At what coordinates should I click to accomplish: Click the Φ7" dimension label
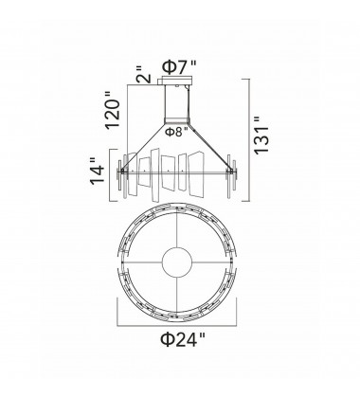(179, 67)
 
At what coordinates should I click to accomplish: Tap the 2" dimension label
(144, 75)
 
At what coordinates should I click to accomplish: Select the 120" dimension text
(113, 110)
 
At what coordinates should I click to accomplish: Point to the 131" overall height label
(261, 136)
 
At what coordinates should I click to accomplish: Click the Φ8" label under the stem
(177, 132)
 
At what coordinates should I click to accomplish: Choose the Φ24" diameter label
(183, 339)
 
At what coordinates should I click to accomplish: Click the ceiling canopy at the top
(177, 81)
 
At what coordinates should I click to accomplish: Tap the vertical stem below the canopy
(177, 101)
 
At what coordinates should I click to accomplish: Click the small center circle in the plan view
(177, 262)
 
